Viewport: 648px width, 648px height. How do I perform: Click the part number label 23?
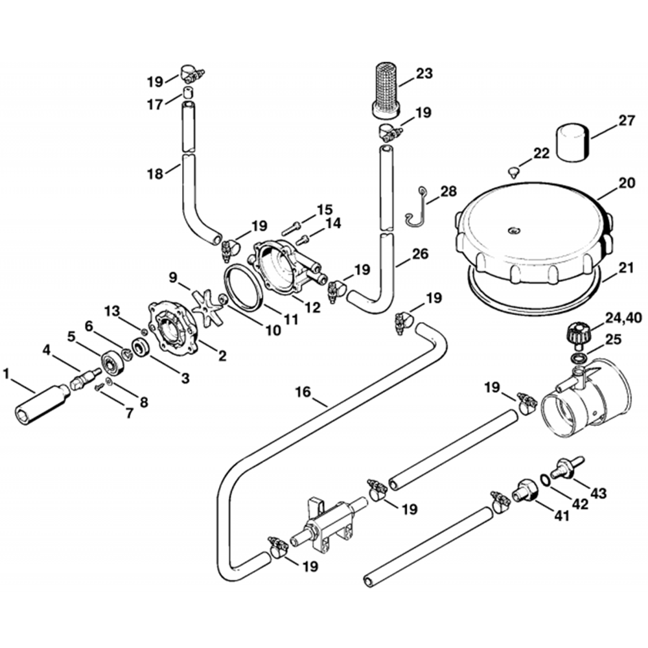tap(424, 73)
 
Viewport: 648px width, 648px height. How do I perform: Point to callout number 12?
tap(312, 308)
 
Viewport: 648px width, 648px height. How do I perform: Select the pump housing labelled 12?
tap(286, 269)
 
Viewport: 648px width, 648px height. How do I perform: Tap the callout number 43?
tap(599, 494)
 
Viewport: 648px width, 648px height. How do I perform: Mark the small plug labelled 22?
tap(514, 172)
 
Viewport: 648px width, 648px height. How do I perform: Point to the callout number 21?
tap(627, 267)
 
